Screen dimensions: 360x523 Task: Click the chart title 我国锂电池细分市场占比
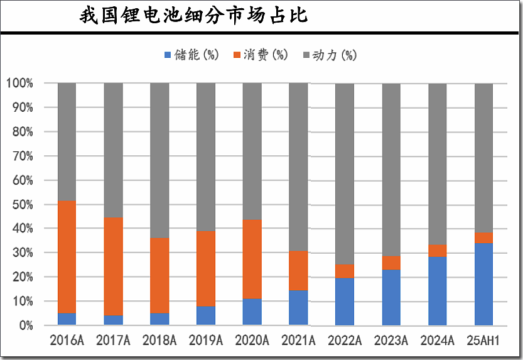click(193, 16)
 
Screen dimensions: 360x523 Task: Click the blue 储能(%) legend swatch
click(167, 55)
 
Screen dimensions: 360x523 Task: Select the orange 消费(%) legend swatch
click(237, 55)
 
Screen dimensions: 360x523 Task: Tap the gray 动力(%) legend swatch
click(306, 55)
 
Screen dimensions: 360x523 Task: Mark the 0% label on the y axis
click(26, 325)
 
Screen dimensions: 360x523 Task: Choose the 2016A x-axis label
click(67, 341)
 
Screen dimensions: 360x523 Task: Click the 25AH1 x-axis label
click(483, 341)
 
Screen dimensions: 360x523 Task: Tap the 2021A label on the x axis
click(298, 341)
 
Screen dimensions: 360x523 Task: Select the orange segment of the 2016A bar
click(67, 257)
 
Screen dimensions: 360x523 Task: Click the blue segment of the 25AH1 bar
click(483, 284)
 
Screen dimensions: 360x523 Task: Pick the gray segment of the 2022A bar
click(345, 174)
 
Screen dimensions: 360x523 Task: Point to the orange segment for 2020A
click(252, 259)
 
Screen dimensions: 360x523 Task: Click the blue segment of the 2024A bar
click(438, 291)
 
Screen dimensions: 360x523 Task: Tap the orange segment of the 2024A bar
click(438, 251)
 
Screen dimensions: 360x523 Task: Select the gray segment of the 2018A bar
click(159, 161)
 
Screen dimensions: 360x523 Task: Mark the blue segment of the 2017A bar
click(113, 320)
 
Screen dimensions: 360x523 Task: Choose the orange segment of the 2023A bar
click(391, 263)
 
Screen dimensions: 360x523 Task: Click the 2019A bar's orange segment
click(206, 268)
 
